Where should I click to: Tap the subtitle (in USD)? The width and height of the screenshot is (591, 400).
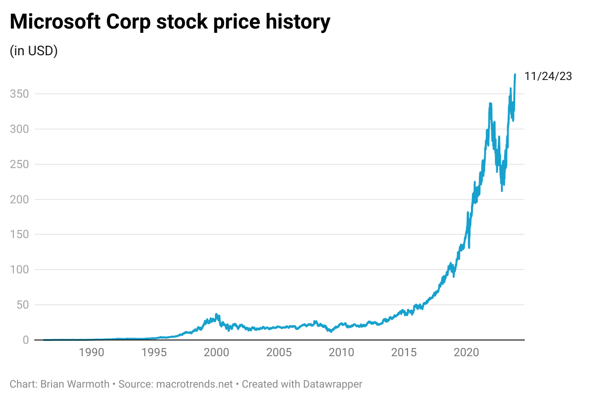coord(34,51)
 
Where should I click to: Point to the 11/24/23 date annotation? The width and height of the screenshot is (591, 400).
coord(548,76)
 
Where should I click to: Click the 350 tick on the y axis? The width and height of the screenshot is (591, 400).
coord(19,94)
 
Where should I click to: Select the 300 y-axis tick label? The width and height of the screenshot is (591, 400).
coord(19,129)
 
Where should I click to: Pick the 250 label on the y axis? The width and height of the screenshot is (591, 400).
coord(19,164)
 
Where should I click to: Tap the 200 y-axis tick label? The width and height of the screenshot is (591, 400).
coord(19,200)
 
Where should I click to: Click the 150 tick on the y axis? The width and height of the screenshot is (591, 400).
coord(19,234)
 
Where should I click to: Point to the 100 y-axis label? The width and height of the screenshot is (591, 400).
coord(19,270)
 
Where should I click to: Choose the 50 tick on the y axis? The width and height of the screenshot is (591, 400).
coord(22,305)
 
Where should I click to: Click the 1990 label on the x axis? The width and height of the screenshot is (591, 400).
coord(91,353)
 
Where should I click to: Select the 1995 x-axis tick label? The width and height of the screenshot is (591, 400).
coord(153,353)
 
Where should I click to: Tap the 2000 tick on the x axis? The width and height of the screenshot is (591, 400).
coord(216,353)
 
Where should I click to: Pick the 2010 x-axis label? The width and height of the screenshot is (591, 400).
coord(341,353)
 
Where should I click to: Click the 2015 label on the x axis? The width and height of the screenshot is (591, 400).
coord(404,353)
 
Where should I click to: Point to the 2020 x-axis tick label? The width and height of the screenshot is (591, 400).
coord(466,353)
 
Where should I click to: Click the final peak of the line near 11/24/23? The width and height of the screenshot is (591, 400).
coord(515,75)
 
